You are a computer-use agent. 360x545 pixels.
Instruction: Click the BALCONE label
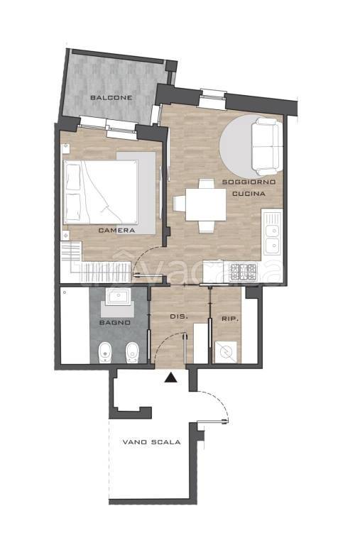pos(111,98)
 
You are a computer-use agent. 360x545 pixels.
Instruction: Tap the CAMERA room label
pos(116,231)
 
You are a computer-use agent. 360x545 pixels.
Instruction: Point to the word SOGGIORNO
pos(249,182)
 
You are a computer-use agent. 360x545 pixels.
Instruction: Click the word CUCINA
pos(249,194)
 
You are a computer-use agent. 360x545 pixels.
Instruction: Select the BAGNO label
pos(115,323)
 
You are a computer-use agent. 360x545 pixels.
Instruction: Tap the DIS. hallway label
pos(179,317)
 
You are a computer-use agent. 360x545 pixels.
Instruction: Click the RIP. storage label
pos(230,319)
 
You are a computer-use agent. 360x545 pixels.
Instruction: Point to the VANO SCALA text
pos(152,442)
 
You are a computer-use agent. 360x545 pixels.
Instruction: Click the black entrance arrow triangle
pos(171,378)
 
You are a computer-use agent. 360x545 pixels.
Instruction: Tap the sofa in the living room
pos(267,146)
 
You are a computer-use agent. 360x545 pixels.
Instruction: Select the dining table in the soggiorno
pos(206,204)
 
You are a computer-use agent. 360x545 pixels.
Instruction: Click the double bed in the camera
pos(101,192)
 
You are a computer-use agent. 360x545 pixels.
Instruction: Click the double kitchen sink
pos(273,233)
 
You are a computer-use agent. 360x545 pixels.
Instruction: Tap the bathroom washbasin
pos(118,297)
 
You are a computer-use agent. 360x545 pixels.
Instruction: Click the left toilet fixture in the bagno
pos(104,353)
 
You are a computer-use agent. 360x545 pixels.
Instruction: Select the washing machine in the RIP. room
pos(226,353)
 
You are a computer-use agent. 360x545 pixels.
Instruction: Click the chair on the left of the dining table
pos(179,204)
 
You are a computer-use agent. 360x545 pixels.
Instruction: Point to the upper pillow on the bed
pos(72,177)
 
